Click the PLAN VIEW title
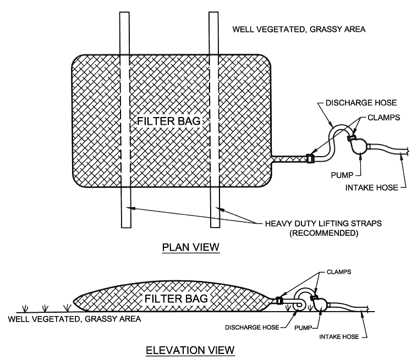pos(190,248)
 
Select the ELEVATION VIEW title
pos(190,349)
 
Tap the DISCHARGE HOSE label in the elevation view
pos(254,328)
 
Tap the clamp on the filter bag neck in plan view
pos(310,158)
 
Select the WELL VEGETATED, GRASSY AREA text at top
pos(299,28)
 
